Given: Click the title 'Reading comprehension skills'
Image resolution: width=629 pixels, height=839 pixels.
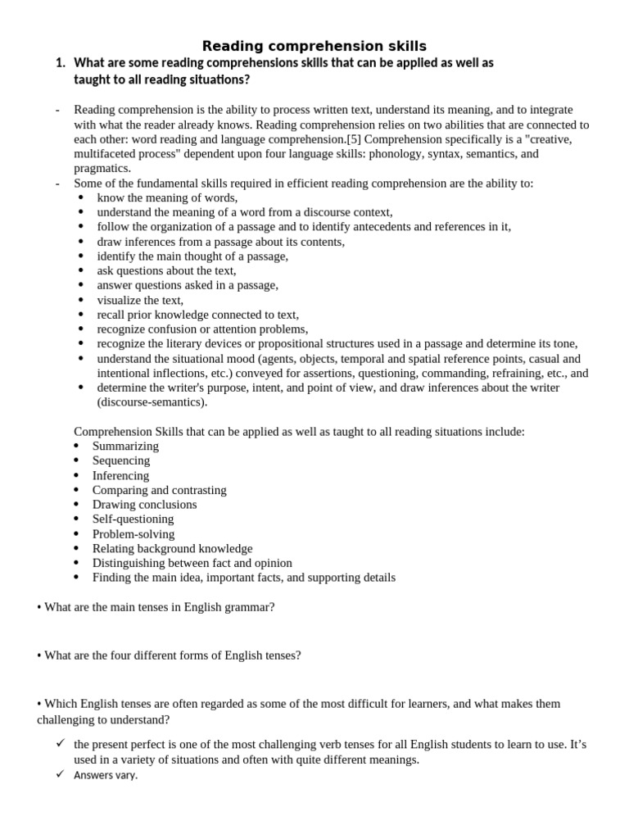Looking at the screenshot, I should [x=314, y=46].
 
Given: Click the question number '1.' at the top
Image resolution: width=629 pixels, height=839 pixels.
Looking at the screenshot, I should [x=60, y=63].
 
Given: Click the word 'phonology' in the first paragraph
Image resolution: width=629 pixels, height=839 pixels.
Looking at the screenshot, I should [x=424, y=154].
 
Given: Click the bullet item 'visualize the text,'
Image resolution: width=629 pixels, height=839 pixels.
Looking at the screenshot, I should [x=140, y=300].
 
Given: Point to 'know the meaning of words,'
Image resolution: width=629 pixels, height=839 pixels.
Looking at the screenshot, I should [x=167, y=198].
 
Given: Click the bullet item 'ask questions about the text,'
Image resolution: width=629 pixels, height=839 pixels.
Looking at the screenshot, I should [x=166, y=270].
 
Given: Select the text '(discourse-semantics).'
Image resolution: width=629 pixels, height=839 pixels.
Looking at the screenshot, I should [x=152, y=402].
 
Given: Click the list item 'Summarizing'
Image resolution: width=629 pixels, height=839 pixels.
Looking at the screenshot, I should [x=125, y=447].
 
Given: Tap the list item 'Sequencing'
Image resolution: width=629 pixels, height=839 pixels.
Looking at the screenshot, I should [x=121, y=461].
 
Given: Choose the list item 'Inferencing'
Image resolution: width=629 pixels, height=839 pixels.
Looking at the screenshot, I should [x=120, y=476].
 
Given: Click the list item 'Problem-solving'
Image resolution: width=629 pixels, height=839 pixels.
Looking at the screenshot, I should [x=133, y=534].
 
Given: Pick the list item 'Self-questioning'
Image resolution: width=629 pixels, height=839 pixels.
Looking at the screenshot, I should [x=133, y=519].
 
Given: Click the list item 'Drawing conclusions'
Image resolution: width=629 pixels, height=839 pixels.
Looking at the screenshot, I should [x=144, y=505].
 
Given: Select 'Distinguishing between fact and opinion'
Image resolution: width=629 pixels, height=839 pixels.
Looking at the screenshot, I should [x=192, y=564].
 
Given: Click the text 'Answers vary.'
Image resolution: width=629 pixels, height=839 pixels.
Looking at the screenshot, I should [x=106, y=776].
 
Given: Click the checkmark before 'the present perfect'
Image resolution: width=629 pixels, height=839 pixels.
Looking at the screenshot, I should [x=61, y=743].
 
